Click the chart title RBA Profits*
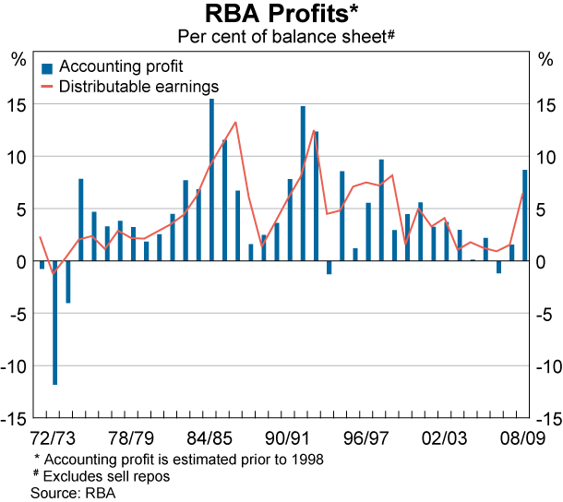(x=281, y=15)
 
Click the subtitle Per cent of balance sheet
(x=281, y=37)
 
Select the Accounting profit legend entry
(x=120, y=66)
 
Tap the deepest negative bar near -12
(x=55, y=322)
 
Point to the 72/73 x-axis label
(x=54, y=436)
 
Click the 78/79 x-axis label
(x=131, y=436)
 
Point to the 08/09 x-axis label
(x=520, y=436)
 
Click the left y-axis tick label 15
(x=18, y=104)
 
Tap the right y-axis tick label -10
(x=546, y=366)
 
